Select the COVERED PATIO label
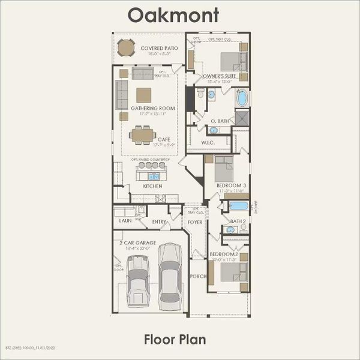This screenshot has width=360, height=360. coord(159,48)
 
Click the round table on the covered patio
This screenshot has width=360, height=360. coord(126,47)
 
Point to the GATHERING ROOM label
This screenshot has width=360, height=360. coord(153,109)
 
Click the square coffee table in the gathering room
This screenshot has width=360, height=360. coord(143,95)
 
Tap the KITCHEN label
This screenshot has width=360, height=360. coord(152,186)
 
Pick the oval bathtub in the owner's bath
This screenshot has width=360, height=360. coord(242,98)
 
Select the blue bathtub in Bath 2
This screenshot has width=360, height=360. coord(238,206)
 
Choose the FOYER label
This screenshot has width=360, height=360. coord(195,222)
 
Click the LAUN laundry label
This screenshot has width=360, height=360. coord(125,221)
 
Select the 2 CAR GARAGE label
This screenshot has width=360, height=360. coord(137,242)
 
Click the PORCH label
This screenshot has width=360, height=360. coord(198,276)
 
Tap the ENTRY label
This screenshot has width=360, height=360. coord(159,222)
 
